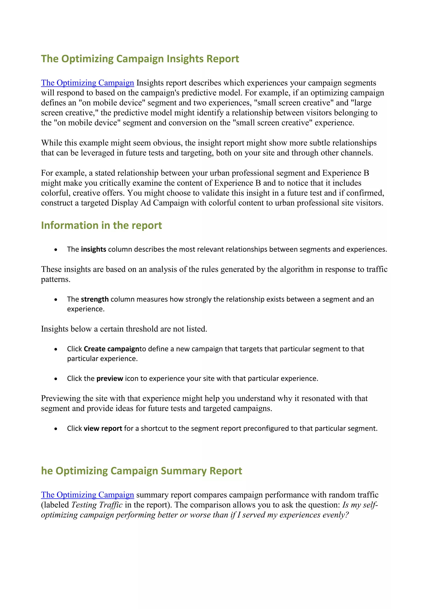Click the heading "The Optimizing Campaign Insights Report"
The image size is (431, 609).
coord(140,59)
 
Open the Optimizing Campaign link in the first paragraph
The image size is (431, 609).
coord(87,83)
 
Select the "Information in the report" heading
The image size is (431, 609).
coord(101,225)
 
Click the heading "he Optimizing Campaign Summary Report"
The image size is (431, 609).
coord(141,471)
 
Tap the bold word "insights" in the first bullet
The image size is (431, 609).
coord(93,249)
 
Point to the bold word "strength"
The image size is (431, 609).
coord(95,299)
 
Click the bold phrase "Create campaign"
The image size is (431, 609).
coord(112,349)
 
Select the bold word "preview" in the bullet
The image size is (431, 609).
coord(110,379)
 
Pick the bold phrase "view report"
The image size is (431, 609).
coord(103,428)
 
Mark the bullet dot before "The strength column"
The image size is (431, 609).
coord(56,299)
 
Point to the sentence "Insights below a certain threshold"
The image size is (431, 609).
coord(124,329)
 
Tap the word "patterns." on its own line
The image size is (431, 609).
coord(56,279)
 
